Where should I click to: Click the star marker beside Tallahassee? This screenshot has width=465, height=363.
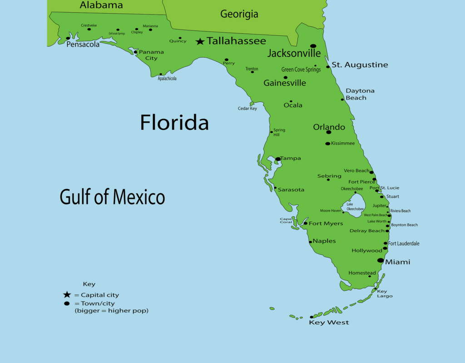pos(200,42)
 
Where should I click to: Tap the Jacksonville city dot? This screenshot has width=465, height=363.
pos(313,46)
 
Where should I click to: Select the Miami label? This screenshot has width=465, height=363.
pos(397,262)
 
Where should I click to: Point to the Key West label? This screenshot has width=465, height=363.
pos(329,323)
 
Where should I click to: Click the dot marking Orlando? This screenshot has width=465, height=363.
pos(328,132)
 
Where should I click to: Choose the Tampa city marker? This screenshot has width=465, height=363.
pos(278,159)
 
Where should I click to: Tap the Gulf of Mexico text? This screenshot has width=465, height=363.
pos(112,197)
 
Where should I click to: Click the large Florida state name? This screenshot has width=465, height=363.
pos(174,123)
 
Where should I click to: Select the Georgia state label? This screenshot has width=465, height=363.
pos(239,14)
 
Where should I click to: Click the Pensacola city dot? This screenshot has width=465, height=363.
pos(68,39)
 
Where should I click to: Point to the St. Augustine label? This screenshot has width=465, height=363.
pos(360,65)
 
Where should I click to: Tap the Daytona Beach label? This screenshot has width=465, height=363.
pos(360,94)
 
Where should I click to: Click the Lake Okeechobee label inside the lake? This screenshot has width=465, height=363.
pos(355,207)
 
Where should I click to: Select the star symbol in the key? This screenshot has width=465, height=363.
pos(67,295)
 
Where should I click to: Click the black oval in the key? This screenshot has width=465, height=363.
pos(67,303)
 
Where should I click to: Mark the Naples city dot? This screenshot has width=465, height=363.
pos(311,242)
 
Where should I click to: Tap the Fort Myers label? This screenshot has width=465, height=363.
pos(326,224)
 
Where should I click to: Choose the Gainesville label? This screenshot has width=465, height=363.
pos(285,83)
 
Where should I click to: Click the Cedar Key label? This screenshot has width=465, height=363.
pos(247,109)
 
